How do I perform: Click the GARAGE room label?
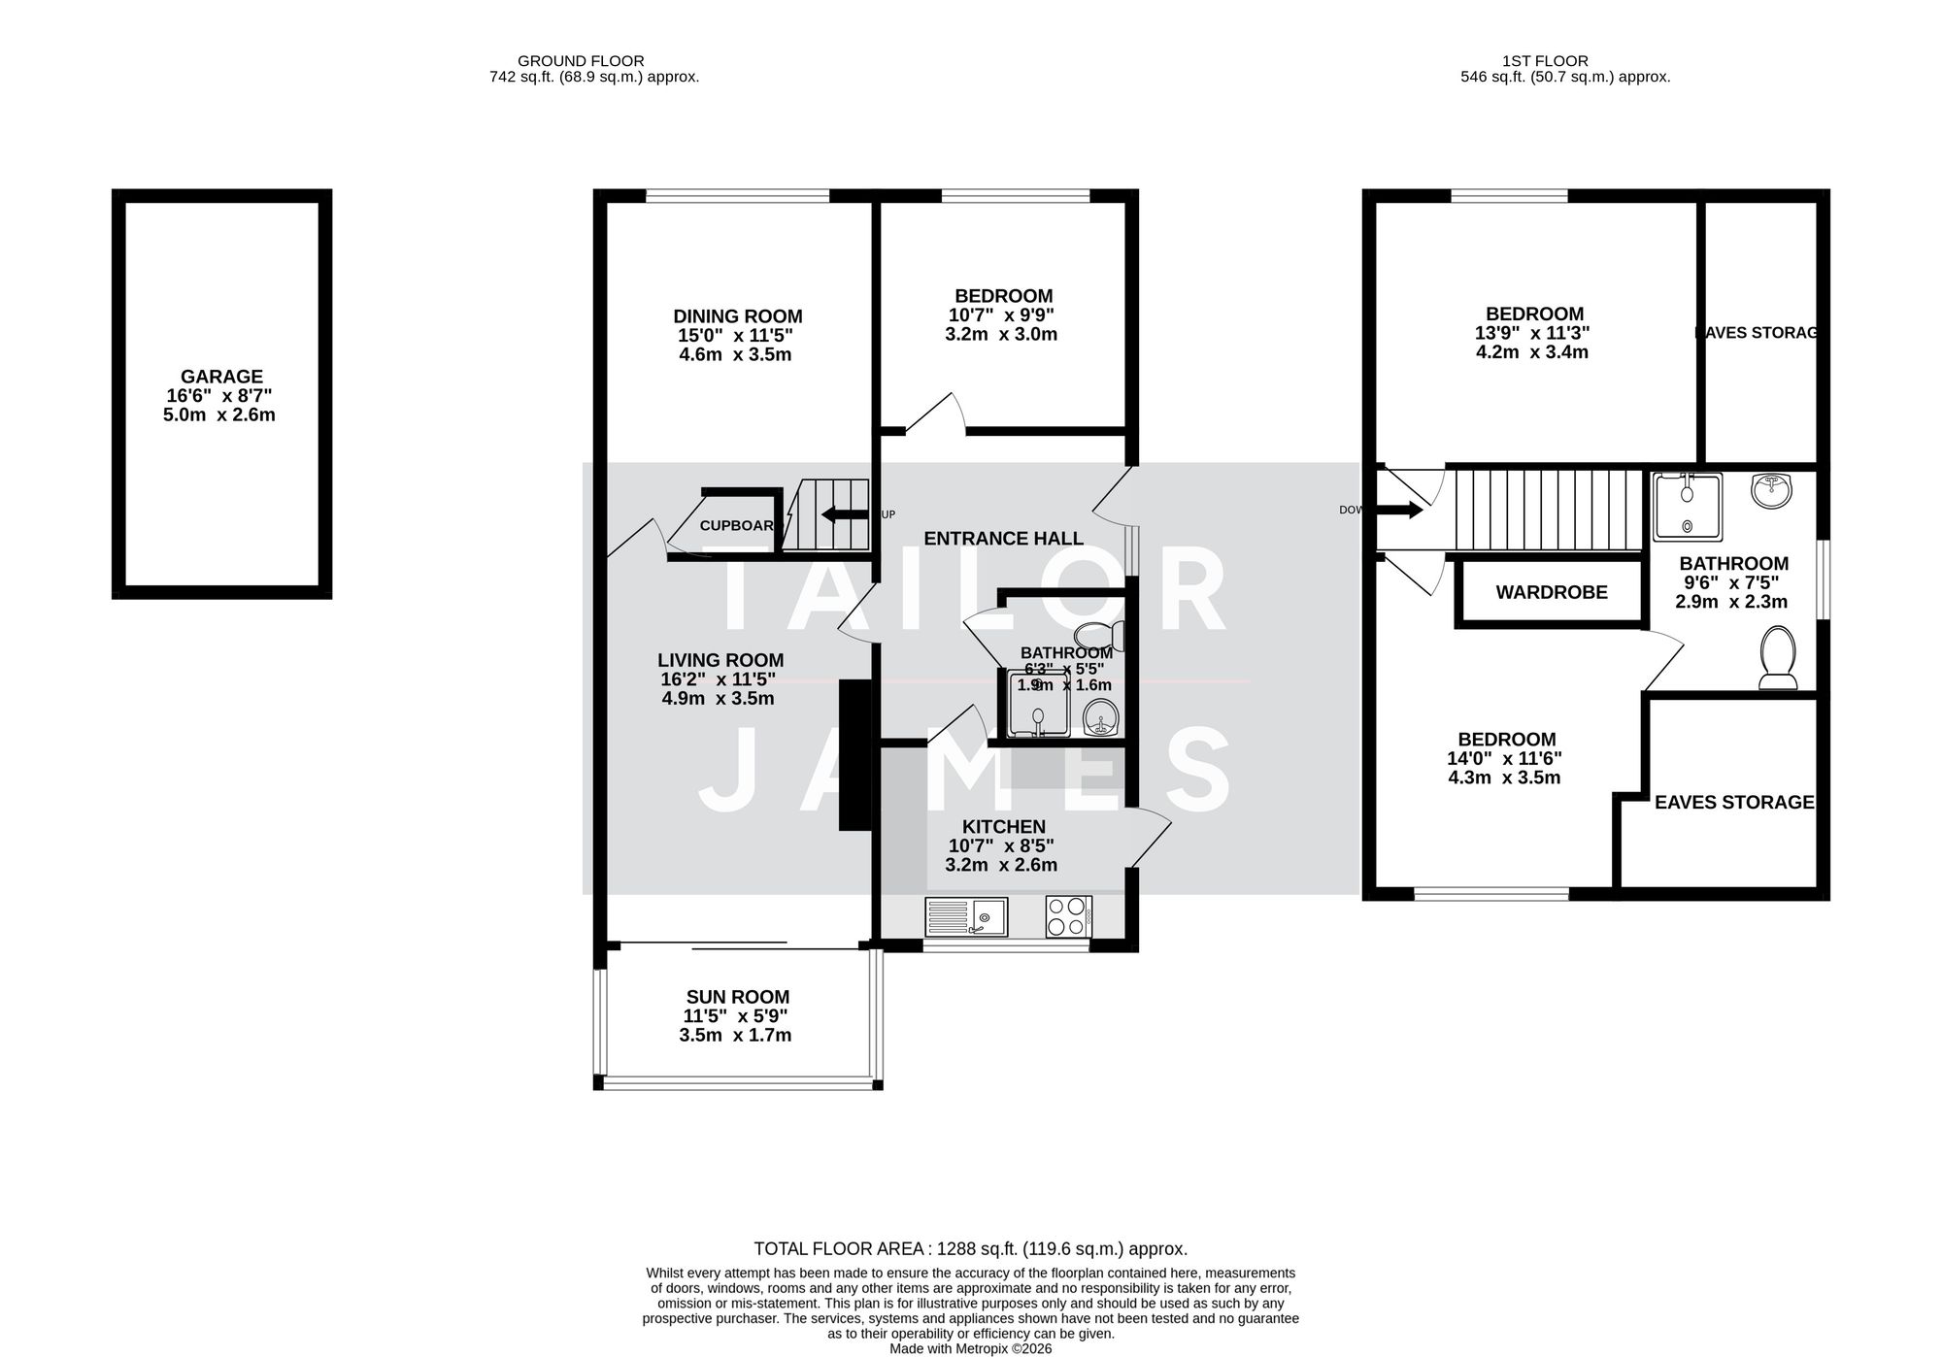click(x=221, y=377)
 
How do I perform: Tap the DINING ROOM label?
click(x=737, y=316)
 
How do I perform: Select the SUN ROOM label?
click(x=737, y=997)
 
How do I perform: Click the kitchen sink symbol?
click(x=966, y=915)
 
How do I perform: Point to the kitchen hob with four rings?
click(x=1068, y=915)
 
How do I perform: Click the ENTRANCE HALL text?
click(x=1002, y=539)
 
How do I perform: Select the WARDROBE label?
click(x=1551, y=592)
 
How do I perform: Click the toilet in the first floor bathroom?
click(x=1778, y=657)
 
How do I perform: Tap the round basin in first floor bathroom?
click(x=1772, y=490)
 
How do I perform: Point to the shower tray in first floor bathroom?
click(x=1688, y=506)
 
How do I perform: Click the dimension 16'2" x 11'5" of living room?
click(x=720, y=679)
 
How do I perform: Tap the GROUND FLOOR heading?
click(x=580, y=61)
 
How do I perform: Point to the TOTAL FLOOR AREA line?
click(x=970, y=1249)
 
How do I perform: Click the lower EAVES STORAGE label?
click(x=1733, y=802)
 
